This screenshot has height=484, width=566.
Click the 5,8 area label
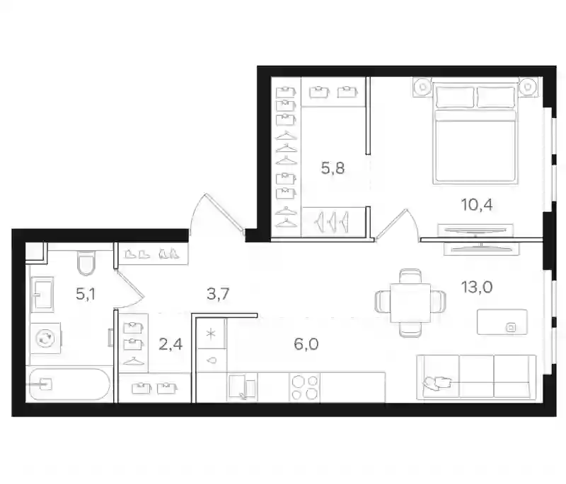333,168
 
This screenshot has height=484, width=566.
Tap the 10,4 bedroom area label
477,205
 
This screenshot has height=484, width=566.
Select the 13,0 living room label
477,288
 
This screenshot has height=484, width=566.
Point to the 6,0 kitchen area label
306,344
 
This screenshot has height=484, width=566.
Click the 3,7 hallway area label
218,294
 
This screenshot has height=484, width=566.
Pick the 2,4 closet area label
171,344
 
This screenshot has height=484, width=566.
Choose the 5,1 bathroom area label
86,295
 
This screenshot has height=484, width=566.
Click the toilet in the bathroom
86,263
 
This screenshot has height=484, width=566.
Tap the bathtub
69,384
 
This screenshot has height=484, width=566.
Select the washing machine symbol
45,338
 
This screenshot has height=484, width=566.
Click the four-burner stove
304,387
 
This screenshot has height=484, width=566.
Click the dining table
410,302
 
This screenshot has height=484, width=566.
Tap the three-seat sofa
476,377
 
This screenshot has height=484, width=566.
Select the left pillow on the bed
455,97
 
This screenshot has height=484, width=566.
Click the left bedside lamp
422,87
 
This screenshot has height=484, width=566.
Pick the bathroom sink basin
42,295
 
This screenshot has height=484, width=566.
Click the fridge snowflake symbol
211,334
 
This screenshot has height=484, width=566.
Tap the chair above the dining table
410,276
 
